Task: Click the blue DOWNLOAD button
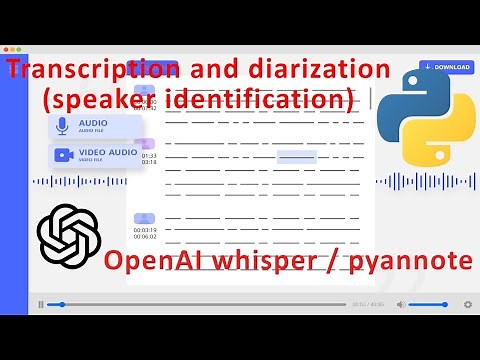coord(446,67)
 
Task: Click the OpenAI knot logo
coord(69,233)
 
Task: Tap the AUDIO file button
coord(94,126)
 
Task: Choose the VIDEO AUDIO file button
coord(94,155)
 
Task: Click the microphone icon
coord(63,126)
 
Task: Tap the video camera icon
coord(63,155)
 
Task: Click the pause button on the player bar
coord(40,304)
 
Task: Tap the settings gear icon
coord(467,304)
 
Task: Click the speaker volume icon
coord(401,304)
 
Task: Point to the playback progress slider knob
coord(62,304)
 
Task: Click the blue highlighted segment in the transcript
coord(297,156)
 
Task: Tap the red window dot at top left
coord(7,49)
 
